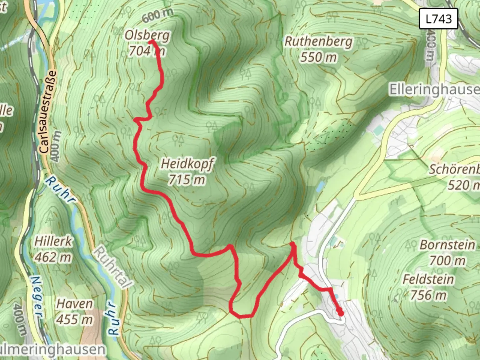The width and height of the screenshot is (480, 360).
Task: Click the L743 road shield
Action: coord(438,19)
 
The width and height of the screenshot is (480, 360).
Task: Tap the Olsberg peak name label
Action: coord(147,35)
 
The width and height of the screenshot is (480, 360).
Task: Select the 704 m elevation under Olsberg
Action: coord(147,51)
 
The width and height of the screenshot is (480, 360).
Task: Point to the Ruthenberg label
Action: coord(318,42)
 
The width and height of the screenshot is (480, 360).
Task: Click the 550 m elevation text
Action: coord(318,57)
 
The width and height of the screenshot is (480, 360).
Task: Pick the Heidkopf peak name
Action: coord(187,164)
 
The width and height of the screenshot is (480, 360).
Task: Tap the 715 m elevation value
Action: coord(187,180)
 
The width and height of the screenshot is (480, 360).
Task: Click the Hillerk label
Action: coord(53,241)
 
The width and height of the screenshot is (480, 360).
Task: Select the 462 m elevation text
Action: coord(53,257)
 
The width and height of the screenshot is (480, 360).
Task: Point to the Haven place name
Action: coord(74,304)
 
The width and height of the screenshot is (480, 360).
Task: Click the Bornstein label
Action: coord(447,245)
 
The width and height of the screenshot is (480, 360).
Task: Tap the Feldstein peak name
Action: coord(428,279)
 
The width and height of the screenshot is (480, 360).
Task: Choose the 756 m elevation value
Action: coord(428,295)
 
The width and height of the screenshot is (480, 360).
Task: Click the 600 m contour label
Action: coord(158,15)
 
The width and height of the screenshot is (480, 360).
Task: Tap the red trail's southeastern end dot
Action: coord(340,313)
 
